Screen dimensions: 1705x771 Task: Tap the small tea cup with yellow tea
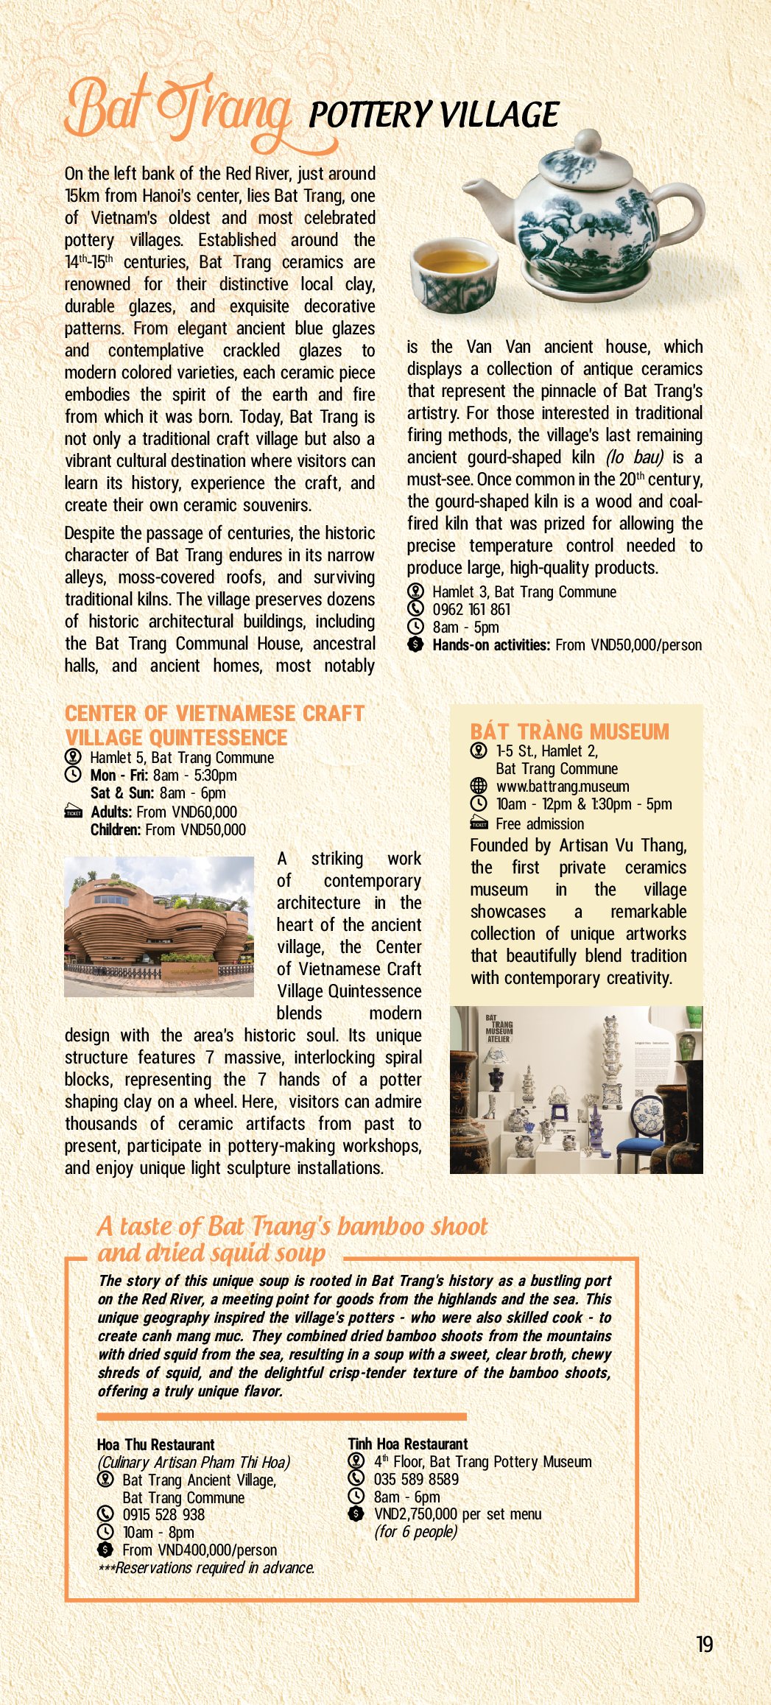point(451,275)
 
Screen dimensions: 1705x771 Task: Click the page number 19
point(705,1644)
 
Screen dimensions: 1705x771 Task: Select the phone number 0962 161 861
point(471,609)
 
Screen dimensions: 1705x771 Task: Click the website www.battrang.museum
point(563,786)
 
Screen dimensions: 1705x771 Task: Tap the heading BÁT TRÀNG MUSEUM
point(569,731)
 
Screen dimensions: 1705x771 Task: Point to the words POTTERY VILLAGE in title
point(434,115)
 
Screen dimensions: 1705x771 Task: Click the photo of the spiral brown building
point(159,927)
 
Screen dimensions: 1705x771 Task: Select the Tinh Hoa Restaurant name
point(408,1444)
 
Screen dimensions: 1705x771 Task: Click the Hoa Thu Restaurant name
point(155,1444)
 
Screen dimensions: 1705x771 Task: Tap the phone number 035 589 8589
point(416,1479)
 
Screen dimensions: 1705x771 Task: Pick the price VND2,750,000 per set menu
point(457,1514)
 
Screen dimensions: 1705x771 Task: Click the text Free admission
point(540,823)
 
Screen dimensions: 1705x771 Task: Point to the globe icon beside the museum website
point(479,786)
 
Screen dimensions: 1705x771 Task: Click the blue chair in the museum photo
point(641,1125)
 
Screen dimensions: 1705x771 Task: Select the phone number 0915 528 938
point(163,1514)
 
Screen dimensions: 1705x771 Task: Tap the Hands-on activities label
point(491,645)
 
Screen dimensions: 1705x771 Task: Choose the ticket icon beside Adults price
point(74,812)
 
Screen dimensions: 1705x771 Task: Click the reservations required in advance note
point(206,1567)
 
